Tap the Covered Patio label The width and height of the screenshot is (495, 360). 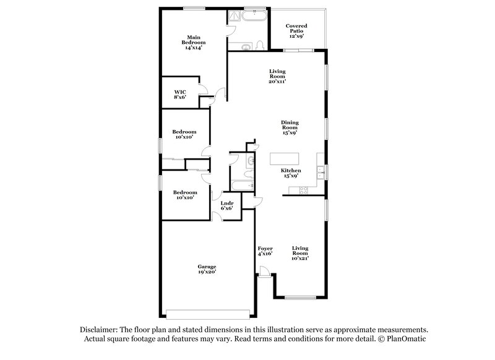pos(296,31)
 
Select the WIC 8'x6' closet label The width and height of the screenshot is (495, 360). pos(180,93)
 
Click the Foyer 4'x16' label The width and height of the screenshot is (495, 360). pos(265,251)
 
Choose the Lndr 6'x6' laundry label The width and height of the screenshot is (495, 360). pos(227,205)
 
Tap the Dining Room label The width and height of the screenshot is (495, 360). pos(290,127)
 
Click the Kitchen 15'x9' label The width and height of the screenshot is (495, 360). pos(291,174)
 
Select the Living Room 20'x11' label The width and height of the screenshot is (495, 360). pos(277,76)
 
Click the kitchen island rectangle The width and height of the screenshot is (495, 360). pos(284,159)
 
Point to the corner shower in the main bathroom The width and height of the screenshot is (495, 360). pos(235,18)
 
